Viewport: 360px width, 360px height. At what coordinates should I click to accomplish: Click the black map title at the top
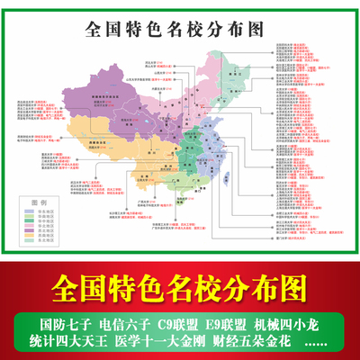click(x=175, y=28)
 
